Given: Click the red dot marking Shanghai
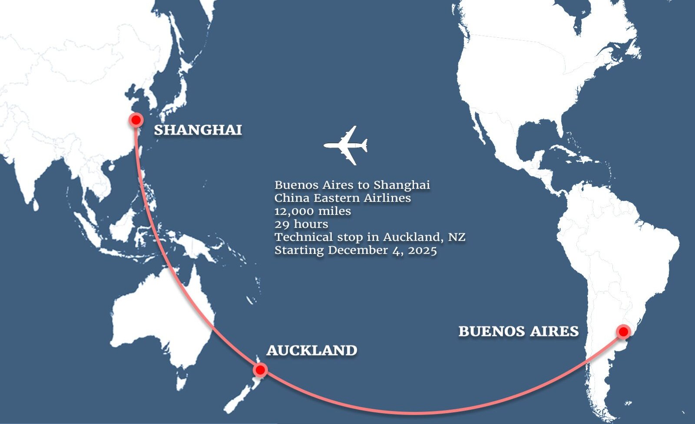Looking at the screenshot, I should [136, 120].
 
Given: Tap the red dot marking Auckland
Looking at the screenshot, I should [260, 370].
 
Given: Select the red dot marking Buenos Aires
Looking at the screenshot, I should [623, 332].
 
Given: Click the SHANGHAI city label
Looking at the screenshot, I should [198, 130].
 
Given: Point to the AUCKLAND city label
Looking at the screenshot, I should [312, 350].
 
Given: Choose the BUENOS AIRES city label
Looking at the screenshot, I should [519, 332].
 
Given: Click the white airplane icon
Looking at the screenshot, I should [346, 145].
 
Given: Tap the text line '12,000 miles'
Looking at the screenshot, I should [313, 211].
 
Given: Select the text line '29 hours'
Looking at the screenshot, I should [301, 224].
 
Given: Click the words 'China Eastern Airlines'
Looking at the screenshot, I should [343, 198].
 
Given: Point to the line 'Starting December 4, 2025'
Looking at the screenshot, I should [356, 250].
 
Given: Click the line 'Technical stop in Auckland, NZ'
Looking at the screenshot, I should [370, 237].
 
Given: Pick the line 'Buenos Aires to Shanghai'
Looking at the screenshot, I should [352, 185].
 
